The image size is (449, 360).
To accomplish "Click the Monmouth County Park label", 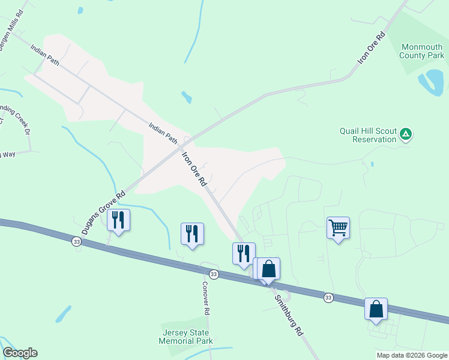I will click(422, 51).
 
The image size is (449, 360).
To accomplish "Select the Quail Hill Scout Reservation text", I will click(368, 134).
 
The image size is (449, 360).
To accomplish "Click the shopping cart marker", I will click(339, 228).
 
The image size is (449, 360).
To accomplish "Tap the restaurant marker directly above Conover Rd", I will click(192, 233).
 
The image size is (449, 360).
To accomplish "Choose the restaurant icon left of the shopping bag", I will click(244, 253).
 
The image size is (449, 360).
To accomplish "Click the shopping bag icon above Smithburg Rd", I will click(269, 268).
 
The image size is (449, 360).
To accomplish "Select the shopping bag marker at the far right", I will click(376, 309).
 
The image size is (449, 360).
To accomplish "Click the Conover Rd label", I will click(205, 298).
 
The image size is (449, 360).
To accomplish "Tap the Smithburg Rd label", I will click(289, 314).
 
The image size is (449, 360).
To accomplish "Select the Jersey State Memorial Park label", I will click(186, 337).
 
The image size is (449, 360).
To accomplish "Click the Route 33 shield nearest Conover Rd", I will click(214, 274).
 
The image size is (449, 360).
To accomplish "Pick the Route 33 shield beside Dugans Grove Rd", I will click(76, 241).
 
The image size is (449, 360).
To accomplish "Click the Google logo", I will click(20, 353).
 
